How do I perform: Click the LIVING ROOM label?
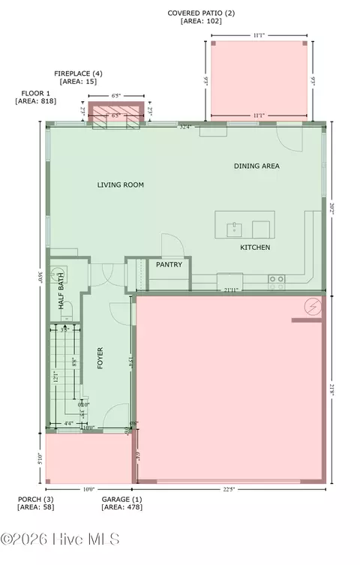(120, 185)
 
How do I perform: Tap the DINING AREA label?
(256, 166)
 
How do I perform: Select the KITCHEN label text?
(255, 248)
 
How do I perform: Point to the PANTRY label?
(169, 265)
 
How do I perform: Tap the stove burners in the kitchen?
(277, 282)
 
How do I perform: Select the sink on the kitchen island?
(233, 227)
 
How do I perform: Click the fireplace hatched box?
(115, 113)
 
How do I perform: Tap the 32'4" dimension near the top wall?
(185, 127)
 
